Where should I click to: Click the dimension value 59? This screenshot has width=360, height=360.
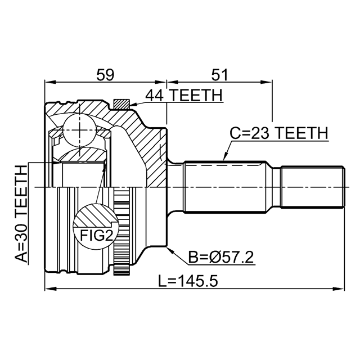pyautogui.click(x=105, y=75)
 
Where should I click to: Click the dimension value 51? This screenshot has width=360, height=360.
pyautogui.click(x=219, y=75)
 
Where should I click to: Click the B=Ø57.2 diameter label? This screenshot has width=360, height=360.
pyautogui.click(x=221, y=257)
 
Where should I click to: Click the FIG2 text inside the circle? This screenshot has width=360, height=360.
pyautogui.click(x=97, y=235)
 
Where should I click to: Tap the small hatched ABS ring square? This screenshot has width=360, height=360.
pyautogui.click(x=121, y=104)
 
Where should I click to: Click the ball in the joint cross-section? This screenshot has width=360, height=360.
pyautogui.click(x=79, y=130)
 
